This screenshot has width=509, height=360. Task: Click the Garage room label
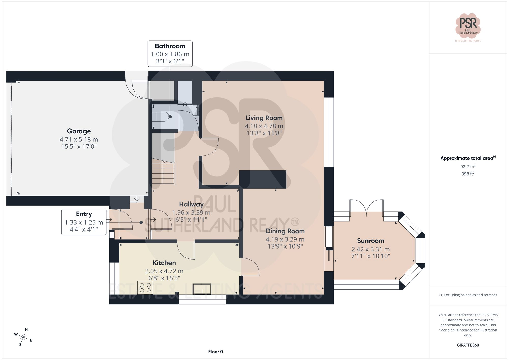79,131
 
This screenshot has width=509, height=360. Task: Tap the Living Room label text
264,118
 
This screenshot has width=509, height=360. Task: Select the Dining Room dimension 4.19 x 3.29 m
285,239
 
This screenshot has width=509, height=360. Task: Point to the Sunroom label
371,241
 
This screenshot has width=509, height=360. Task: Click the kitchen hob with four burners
145,287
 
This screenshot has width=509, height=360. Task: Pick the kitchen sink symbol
202,289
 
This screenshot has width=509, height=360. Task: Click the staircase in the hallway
163,171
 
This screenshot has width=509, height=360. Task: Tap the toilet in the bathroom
162,117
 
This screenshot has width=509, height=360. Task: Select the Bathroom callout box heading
170,46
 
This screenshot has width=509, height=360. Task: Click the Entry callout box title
84,214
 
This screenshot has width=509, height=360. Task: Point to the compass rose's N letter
26,330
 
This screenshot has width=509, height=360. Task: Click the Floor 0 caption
216,352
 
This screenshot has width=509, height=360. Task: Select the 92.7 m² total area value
468,167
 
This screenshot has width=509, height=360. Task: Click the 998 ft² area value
468,174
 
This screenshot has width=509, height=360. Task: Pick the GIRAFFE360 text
468,345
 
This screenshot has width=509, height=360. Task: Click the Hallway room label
191,204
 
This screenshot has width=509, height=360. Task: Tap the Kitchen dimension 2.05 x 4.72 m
164,271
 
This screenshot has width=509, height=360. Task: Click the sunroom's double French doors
366,208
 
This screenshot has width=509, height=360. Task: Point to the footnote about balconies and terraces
468,295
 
